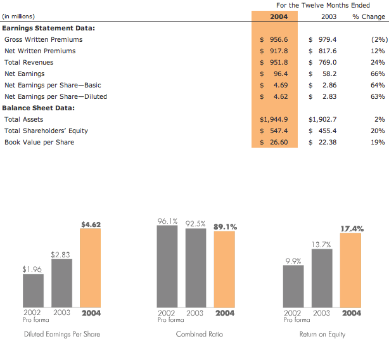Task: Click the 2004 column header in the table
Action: coord(279,16)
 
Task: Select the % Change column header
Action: coord(369,16)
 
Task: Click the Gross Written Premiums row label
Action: coord(43,39)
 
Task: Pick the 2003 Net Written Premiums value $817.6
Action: coord(323,51)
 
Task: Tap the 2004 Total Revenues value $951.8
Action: coord(274,62)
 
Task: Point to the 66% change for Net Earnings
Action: coord(378,74)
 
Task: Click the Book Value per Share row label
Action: coord(39,142)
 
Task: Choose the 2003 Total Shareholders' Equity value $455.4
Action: coord(323,131)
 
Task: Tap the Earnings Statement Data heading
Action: coord(48,28)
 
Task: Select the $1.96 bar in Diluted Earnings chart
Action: coord(33,290)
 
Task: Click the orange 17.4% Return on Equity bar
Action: coord(350,270)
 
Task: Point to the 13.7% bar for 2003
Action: coord(322,278)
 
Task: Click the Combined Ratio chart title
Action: coord(199,334)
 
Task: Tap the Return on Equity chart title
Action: coord(322,334)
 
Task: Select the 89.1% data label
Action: coord(226,226)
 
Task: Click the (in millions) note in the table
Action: coord(19,16)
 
